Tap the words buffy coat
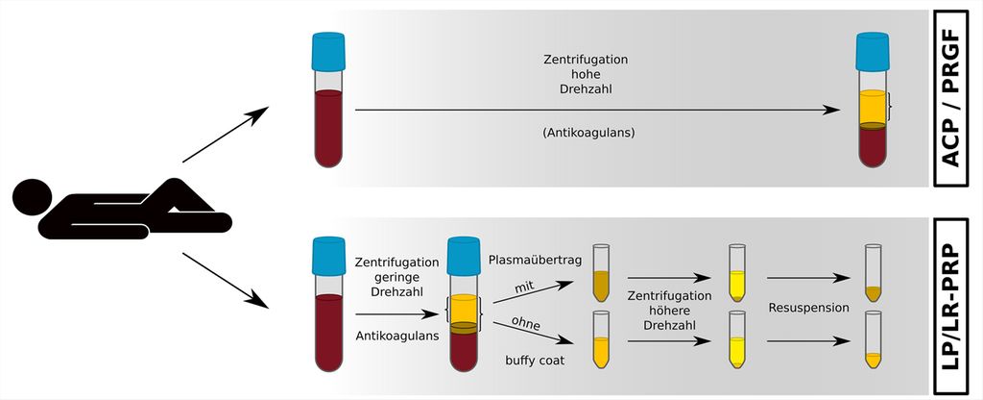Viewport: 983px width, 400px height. coord(534,361)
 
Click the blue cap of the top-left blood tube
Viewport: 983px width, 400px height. coord(328,51)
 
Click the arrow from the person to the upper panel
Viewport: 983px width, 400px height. coord(225,136)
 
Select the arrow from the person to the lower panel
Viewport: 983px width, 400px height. coord(225,279)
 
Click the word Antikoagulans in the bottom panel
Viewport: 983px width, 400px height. coord(397,336)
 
